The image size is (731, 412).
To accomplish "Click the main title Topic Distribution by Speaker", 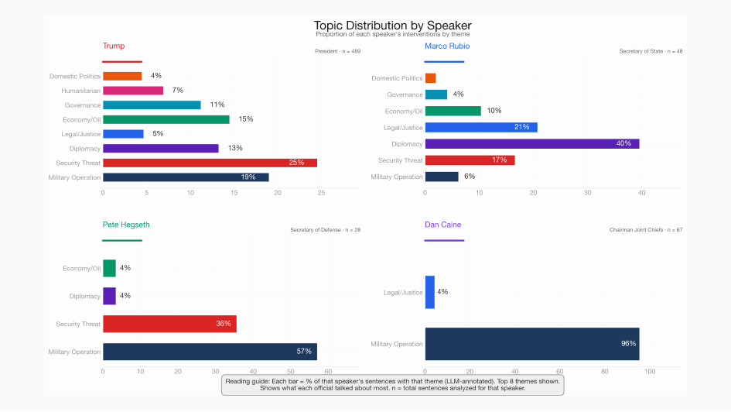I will [x=392, y=26].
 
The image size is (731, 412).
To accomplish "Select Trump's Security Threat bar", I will [x=210, y=163].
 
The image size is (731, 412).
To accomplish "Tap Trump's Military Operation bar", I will [x=186, y=177].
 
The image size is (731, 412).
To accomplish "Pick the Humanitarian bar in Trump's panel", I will [x=133, y=91].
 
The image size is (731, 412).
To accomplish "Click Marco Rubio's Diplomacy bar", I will [x=531, y=144].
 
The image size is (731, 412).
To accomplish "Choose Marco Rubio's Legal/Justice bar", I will [x=480, y=127].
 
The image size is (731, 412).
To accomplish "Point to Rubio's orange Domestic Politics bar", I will [x=430, y=78].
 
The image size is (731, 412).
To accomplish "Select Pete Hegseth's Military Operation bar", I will [x=210, y=352].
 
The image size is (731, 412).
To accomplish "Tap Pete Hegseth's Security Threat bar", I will [x=169, y=324].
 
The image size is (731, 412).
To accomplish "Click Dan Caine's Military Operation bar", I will [x=531, y=343].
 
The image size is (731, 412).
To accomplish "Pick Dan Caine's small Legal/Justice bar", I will [x=430, y=292].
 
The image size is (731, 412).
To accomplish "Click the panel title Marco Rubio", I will [x=447, y=46].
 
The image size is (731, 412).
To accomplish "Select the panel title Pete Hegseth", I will [x=126, y=225].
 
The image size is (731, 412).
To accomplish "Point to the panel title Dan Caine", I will [x=443, y=225].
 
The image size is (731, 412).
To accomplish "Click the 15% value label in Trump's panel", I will [x=246, y=119].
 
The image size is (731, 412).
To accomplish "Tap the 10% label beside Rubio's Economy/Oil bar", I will [x=494, y=111].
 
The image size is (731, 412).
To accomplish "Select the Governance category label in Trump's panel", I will [x=82, y=105].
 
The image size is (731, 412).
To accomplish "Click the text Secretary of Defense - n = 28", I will [x=325, y=230].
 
